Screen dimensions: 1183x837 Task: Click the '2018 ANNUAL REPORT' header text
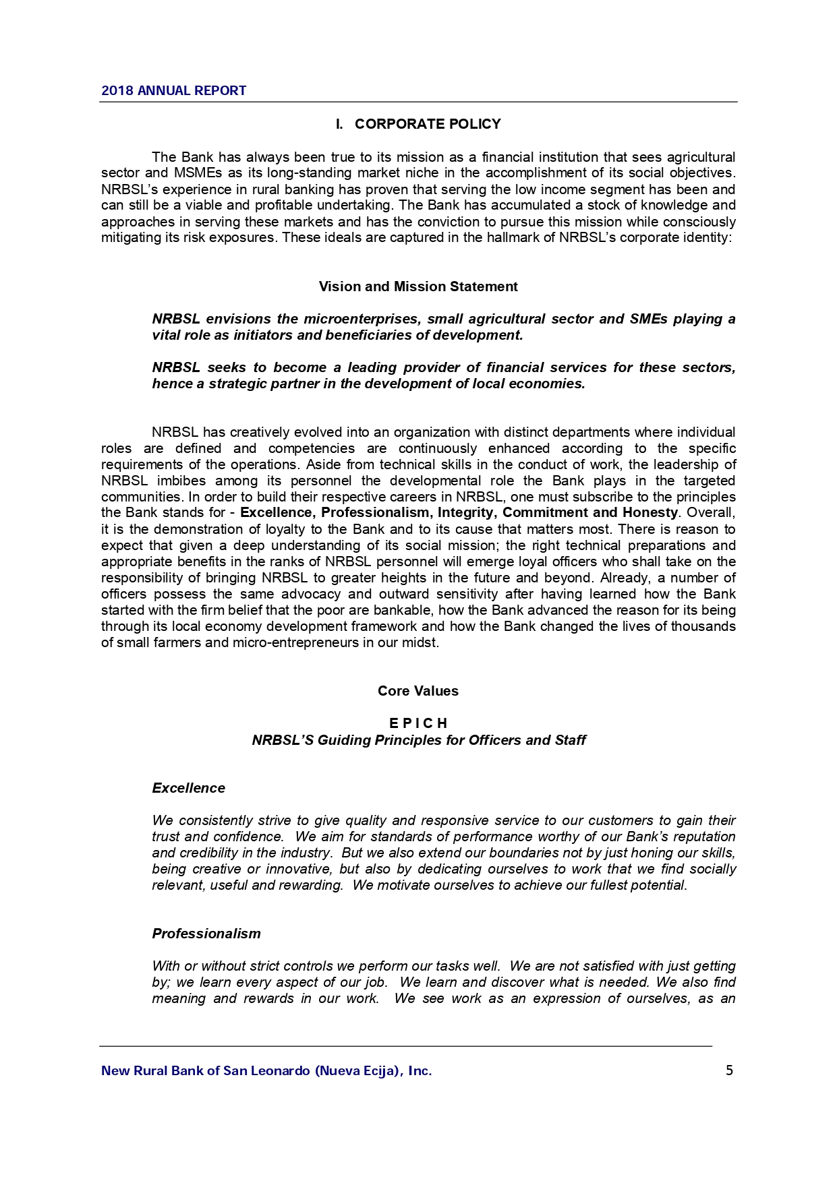(173, 90)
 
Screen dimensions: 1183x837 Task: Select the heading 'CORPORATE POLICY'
(428, 124)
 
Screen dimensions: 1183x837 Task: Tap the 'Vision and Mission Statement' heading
(418, 286)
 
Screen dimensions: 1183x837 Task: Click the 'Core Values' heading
(418, 691)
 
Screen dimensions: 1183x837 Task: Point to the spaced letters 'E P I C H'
(418, 723)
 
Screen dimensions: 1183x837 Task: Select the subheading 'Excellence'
(189, 788)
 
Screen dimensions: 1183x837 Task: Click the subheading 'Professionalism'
(206, 934)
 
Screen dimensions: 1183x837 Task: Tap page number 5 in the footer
(729, 1070)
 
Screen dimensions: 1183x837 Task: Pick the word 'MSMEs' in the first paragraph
(194, 173)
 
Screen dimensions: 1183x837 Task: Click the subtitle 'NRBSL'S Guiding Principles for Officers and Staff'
(418, 740)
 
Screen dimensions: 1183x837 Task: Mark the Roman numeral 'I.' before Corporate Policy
(340, 124)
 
